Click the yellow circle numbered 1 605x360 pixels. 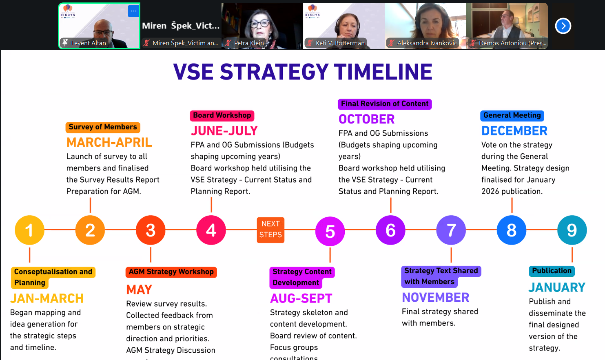pyautogui.click(x=29, y=230)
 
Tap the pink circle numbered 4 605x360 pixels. pyautogui.click(x=211, y=230)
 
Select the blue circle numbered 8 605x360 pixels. pyautogui.click(x=511, y=230)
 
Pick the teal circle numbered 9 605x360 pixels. pyautogui.click(x=572, y=230)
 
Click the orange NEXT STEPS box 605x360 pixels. pyautogui.click(x=270, y=230)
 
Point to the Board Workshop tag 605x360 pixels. pyautogui.click(x=222, y=115)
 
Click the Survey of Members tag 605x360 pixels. pyautogui.click(x=103, y=127)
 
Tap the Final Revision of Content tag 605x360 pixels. pyautogui.click(x=385, y=104)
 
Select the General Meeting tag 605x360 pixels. pyautogui.click(x=512, y=115)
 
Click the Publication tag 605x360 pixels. pyautogui.click(x=552, y=271)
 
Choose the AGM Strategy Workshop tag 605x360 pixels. pyautogui.click(x=171, y=272)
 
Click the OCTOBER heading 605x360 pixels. pyautogui.click(x=366, y=119)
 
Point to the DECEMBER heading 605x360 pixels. pyautogui.click(x=514, y=131)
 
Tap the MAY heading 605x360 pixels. pyautogui.click(x=139, y=289)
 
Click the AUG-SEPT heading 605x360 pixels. pyautogui.click(x=301, y=298)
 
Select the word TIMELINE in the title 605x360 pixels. pyautogui.click(x=383, y=72)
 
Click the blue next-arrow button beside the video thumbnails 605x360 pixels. pyautogui.click(x=563, y=26)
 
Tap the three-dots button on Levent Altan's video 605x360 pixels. pyautogui.click(x=133, y=11)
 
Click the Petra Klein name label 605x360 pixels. pyautogui.click(x=249, y=43)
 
